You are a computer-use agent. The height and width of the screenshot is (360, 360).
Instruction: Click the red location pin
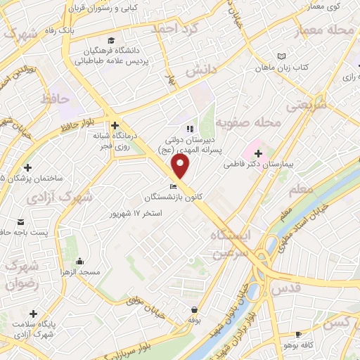click(x=181, y=166)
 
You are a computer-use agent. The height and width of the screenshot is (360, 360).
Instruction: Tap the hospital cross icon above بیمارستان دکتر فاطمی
click(x=258, y=153)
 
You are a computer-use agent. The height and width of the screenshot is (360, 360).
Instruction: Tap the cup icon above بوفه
click(x=195, y=309)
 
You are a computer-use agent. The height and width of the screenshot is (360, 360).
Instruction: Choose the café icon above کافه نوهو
click(x=298, y=334)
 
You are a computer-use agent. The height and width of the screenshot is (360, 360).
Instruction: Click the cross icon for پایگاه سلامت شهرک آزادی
click(x=33, y=313)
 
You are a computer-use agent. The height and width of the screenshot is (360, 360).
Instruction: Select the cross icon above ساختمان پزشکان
click(x=27, y=167)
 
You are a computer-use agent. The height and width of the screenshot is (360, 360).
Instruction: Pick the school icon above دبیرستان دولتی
click(x=188, y=129)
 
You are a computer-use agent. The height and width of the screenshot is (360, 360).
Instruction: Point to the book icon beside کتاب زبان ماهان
click(x=282, y=56)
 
